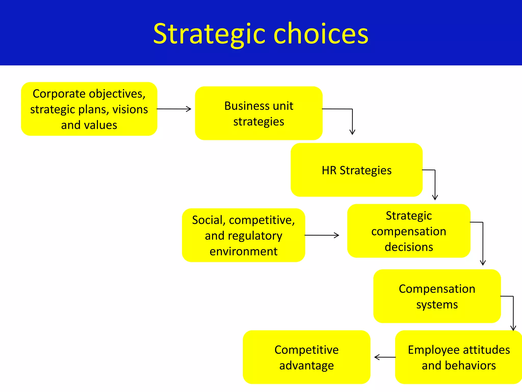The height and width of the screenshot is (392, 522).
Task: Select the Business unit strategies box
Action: (258, 113)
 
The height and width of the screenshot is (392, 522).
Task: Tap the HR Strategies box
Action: (356, 170)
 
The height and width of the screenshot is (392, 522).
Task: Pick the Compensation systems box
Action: (437, 296)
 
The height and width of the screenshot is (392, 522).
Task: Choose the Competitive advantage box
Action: (306, 357)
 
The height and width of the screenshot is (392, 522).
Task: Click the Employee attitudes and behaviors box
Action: (459, 357)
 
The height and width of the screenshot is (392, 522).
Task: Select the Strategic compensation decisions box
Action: (409, 231)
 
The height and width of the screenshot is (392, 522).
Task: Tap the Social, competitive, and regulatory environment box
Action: (243, 235)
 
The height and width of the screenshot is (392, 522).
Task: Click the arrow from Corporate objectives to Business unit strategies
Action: (174, 109)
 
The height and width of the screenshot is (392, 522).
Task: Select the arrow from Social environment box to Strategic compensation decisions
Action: (322, 235)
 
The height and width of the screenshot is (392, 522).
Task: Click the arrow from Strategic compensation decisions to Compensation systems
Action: (483, 242)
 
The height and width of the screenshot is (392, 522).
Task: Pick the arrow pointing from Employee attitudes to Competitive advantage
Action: (385, 357)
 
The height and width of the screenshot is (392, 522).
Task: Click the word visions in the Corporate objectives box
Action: (130, 109)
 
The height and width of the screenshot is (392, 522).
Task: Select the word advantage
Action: (306, 366)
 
